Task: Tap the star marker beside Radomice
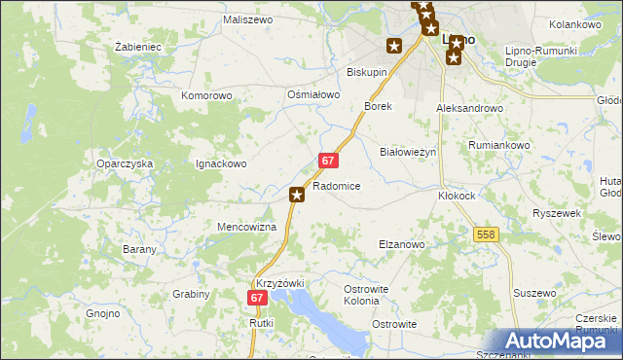tap(297, 196)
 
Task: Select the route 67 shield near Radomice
tap(328, 161)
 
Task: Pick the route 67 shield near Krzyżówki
tap(257, 299)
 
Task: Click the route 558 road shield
tap(487, 234)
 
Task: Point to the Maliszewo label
tap(246, 19)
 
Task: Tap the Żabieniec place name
tap(137, 46)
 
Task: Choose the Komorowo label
tap(207, 96)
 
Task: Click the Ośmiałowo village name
tap(313, 94)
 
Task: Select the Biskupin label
tap(367, 72)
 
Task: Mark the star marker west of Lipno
tap(394, 46)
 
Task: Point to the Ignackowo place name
tap(222, 164)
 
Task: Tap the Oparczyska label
tap(125, 164)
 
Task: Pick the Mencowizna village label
tap(246, 227)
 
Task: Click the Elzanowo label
tap(401, 244)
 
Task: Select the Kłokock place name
tap(457, 195)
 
